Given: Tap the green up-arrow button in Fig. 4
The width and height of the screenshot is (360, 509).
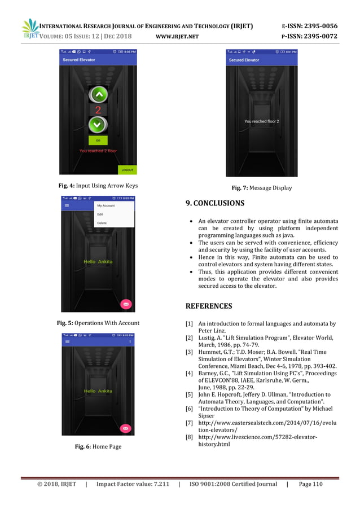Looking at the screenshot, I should tap(98, 94).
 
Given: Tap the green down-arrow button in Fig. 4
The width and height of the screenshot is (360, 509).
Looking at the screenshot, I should tap(98, 124).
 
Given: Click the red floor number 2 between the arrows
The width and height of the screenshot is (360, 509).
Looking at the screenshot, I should tap(98, 109).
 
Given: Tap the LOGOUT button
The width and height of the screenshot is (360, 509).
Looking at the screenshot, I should tap(127, 169).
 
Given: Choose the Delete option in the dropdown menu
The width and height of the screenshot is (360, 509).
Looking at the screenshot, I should tap(102, 223).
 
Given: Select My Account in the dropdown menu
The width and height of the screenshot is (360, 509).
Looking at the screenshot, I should tap(106, 205).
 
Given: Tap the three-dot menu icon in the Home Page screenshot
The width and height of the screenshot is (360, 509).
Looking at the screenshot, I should tap(130, 342).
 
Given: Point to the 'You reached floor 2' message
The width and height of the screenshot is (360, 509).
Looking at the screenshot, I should tap(261, 121).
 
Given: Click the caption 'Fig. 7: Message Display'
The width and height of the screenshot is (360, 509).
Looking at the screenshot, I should tap(261, 188).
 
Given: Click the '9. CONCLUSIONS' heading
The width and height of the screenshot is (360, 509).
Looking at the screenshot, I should tap(215, 203).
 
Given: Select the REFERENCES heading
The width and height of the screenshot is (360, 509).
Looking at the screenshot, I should tap(208, 306).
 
